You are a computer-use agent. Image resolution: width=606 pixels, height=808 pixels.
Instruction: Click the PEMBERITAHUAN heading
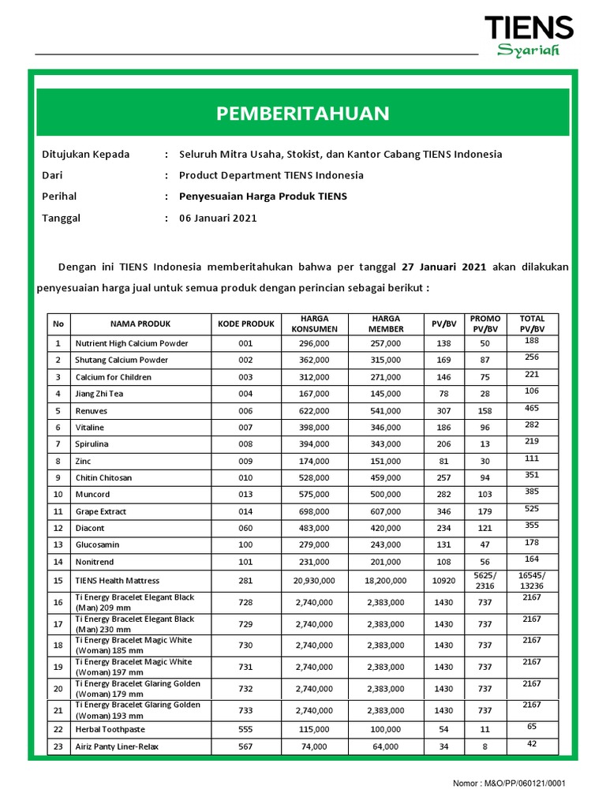(x=303, y=113)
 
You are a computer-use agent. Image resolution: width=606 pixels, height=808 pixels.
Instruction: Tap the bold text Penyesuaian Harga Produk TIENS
(x=263, y=196)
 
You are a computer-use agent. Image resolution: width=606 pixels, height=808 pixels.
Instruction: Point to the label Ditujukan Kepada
(x=85, y=154)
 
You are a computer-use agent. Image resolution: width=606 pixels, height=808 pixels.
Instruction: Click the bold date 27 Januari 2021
(x=443, y=267)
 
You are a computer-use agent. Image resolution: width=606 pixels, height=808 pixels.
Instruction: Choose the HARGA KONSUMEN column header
(x=314, y=324)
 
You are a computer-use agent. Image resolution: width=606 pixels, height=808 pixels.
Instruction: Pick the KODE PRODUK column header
(x=245, y=324)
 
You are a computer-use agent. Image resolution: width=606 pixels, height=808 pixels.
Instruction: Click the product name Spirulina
(x=92, y=444)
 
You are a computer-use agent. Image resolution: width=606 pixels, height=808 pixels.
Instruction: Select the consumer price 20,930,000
(x=314, y=580)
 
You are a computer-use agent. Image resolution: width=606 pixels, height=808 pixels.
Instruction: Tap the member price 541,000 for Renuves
(x=385, y=411)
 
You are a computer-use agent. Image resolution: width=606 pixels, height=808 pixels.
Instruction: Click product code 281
(x=245, y=580)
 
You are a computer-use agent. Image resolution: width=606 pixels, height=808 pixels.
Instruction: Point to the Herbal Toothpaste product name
(x=110, y=729)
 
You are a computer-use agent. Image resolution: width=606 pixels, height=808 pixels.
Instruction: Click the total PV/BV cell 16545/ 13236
(x=532, y=580)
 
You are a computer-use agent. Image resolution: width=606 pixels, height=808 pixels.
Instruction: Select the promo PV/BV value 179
(x=484, y=511)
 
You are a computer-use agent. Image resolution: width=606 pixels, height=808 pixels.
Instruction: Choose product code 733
(x=245, y=710)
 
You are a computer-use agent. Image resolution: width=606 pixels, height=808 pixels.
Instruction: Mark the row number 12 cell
(x=58, y=528)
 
